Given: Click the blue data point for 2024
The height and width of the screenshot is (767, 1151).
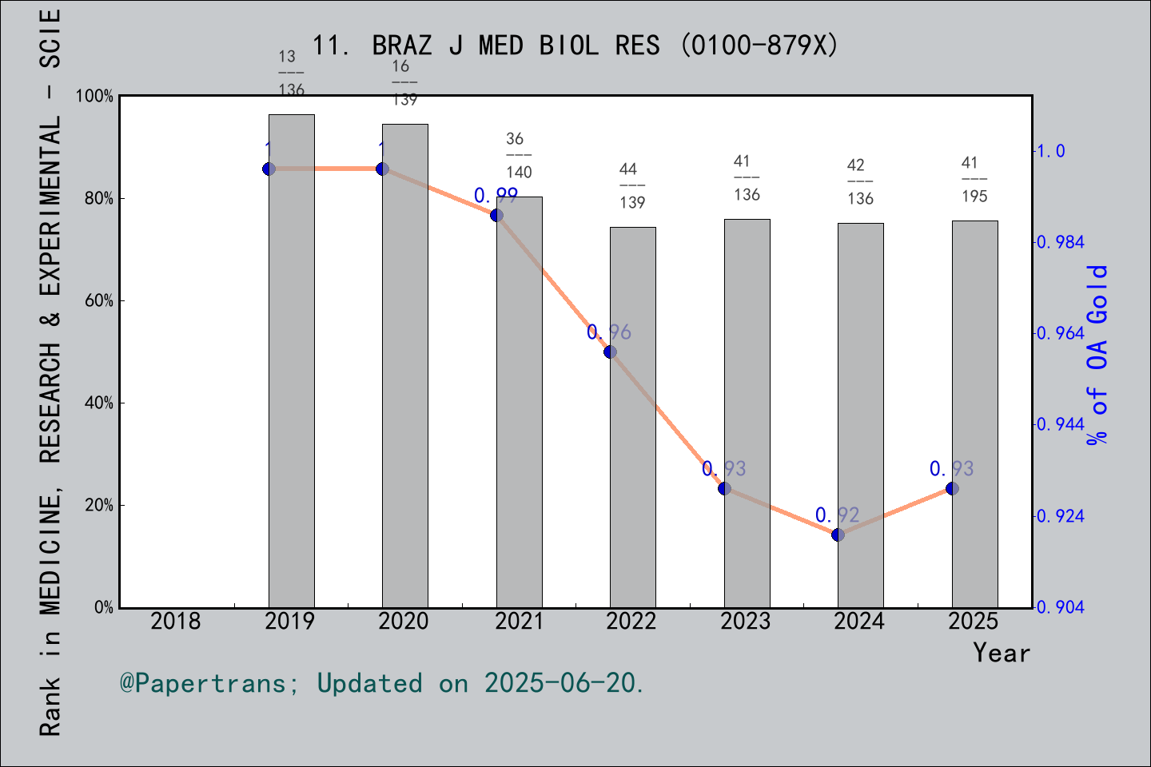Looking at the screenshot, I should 838,535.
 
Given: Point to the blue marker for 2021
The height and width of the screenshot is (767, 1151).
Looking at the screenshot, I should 496,215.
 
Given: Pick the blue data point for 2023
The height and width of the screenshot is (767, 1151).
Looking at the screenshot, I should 724,488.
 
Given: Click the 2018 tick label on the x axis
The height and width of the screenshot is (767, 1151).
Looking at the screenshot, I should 176,621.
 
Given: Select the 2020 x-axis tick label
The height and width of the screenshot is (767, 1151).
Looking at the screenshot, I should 404,621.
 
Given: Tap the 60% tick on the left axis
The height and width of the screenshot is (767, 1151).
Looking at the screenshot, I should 99,301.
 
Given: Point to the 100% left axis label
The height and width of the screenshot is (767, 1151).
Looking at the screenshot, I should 94,97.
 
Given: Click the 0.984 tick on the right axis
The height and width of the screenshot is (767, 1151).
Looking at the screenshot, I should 1061,242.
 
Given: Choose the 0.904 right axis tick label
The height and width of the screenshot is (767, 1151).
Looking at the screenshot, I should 1061,607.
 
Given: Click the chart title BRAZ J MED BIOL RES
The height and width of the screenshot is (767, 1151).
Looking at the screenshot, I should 575,46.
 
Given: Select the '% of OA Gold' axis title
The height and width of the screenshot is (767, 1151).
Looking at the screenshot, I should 1097,356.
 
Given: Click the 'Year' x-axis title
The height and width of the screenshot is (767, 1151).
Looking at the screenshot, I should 1002,653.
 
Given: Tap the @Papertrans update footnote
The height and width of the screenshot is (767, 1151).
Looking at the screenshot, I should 382,683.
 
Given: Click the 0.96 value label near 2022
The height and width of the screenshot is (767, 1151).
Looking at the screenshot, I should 609,332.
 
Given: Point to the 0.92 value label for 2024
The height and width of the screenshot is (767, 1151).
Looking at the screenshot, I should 837,515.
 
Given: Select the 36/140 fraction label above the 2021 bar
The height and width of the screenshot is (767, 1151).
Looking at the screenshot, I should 519,156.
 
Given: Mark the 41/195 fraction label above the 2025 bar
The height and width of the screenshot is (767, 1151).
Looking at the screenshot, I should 974,180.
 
